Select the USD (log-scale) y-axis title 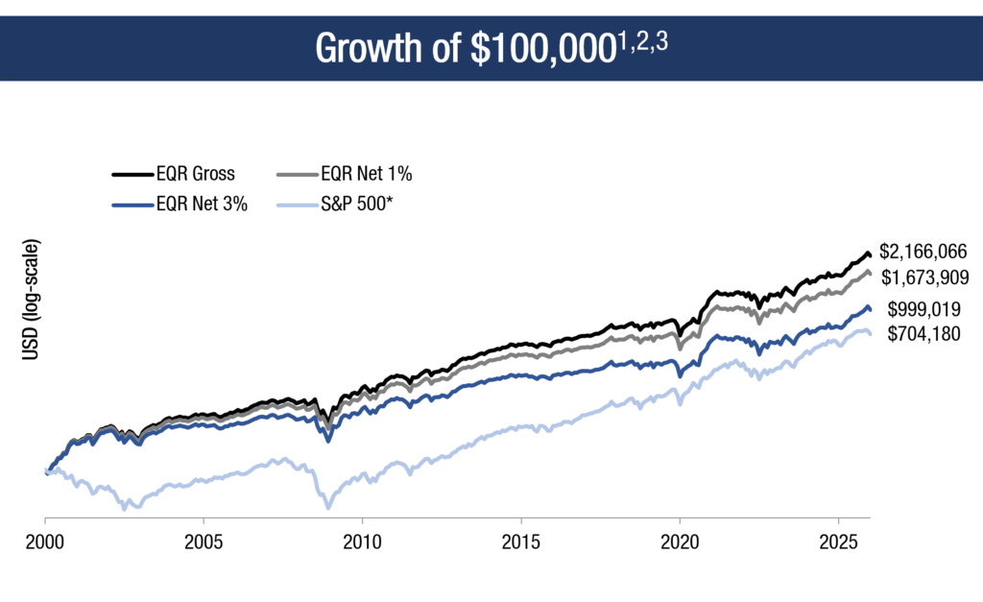tap(33, 301)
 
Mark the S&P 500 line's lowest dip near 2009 tap(328, 507)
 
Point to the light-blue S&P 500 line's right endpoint tap(870, 333)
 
